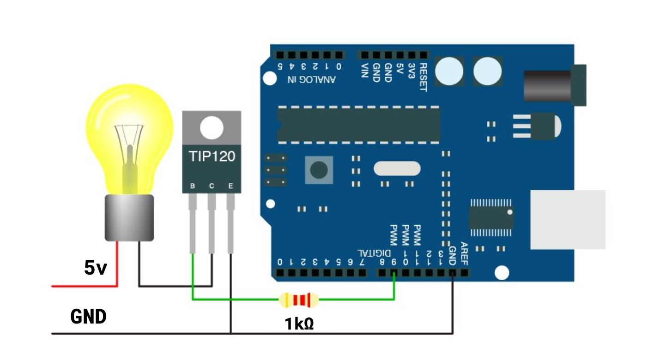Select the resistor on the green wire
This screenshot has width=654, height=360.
(x=299, y=300)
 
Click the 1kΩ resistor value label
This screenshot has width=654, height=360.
(x=299, y=324)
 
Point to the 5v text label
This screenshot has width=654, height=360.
(x=96, y=268)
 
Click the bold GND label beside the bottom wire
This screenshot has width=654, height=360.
(x=89, y=317)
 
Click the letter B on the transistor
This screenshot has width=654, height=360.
(x=193, y=186)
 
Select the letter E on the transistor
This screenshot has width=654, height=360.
(x=230, y=186)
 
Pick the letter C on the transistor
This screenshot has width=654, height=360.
(x=212, y=186)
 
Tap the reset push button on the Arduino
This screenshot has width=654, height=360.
(x=319, y=170)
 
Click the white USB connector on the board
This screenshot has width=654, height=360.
(x=567, y=219)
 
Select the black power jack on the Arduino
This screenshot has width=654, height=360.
(x=554, y=85)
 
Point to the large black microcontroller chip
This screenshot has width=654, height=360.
(x=358, y=124)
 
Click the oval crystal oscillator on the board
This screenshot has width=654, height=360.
(x=397, y=168)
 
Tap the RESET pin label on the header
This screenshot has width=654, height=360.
(x=423, y=78)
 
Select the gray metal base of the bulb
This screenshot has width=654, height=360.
(x=129, y=217)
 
